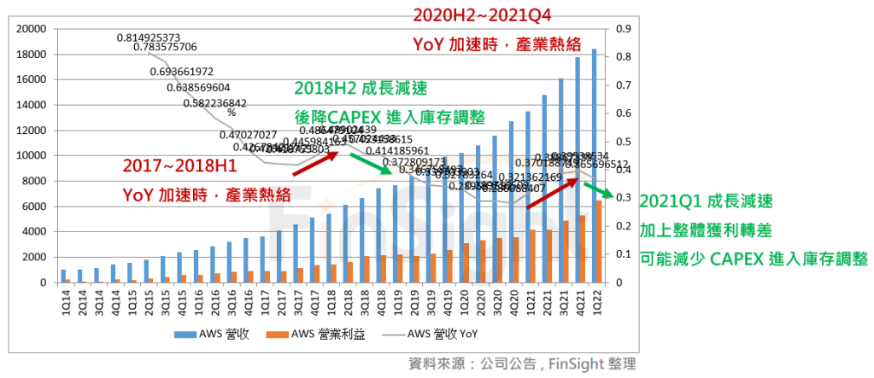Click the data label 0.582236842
coord(214,103)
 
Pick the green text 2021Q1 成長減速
coord(706,202)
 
